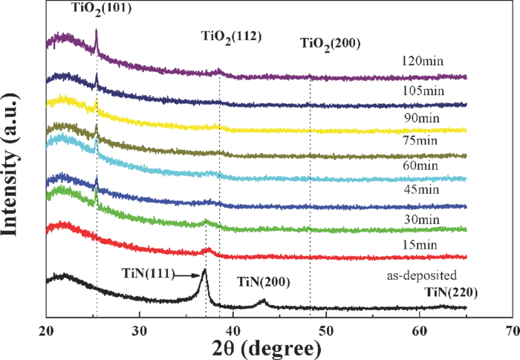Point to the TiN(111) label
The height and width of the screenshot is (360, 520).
click(148, 272)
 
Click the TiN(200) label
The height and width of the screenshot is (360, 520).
click(262, 282)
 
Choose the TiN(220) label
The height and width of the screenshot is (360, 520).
click(450, 292)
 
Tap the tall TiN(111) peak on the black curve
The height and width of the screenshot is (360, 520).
click(204, 272)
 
